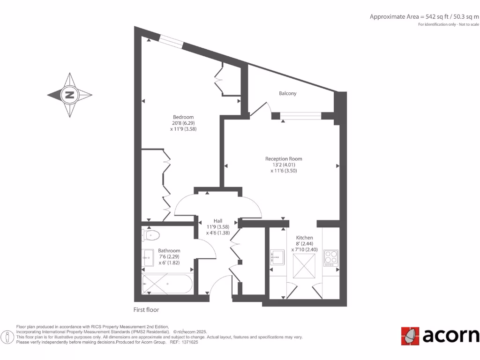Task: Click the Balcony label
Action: (287, 93)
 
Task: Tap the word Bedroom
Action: (183, 117)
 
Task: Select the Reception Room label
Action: (284, 159)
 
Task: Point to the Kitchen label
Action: (304, 238)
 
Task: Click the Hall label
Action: (218, 221)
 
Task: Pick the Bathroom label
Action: (169, 251)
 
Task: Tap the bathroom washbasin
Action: (148, 257)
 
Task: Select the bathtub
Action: (166, 284)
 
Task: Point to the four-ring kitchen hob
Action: (330, 258)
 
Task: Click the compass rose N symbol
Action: (69, 95)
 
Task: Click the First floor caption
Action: (146, 310)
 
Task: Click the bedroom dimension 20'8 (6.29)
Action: (183, 123)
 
